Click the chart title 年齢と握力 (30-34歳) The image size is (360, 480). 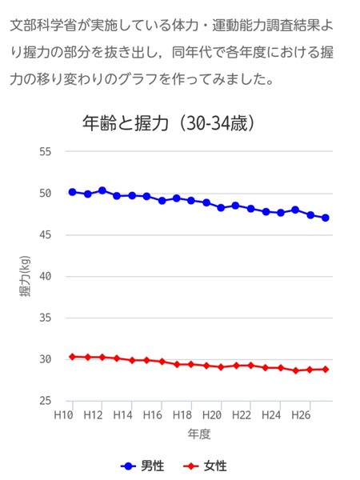click(169, 123)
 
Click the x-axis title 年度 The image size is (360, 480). click(199, 434)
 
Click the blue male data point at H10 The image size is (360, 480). click(72, 192)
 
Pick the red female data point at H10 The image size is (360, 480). click(72, 357)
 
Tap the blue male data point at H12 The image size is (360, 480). click(102, 190)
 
